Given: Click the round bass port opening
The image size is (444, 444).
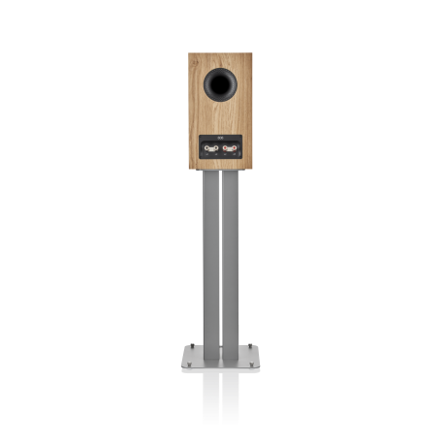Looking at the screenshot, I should coord(220,86).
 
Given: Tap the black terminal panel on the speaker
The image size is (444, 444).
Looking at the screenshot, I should coord(220,148).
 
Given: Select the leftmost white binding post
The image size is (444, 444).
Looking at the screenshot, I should coord(206,149).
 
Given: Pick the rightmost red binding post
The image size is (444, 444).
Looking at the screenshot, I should coord(234,149).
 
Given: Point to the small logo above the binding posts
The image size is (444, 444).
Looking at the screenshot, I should coord(220,139).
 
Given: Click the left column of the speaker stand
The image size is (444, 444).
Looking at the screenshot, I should coord(210,257).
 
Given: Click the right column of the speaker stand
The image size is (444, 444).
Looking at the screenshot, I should coord(231,257).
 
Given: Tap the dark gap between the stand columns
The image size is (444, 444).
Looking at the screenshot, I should coord(220,257).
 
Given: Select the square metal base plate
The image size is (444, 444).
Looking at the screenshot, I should coord(220,357).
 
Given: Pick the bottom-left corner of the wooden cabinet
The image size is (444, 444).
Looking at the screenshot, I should coord(189,169).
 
